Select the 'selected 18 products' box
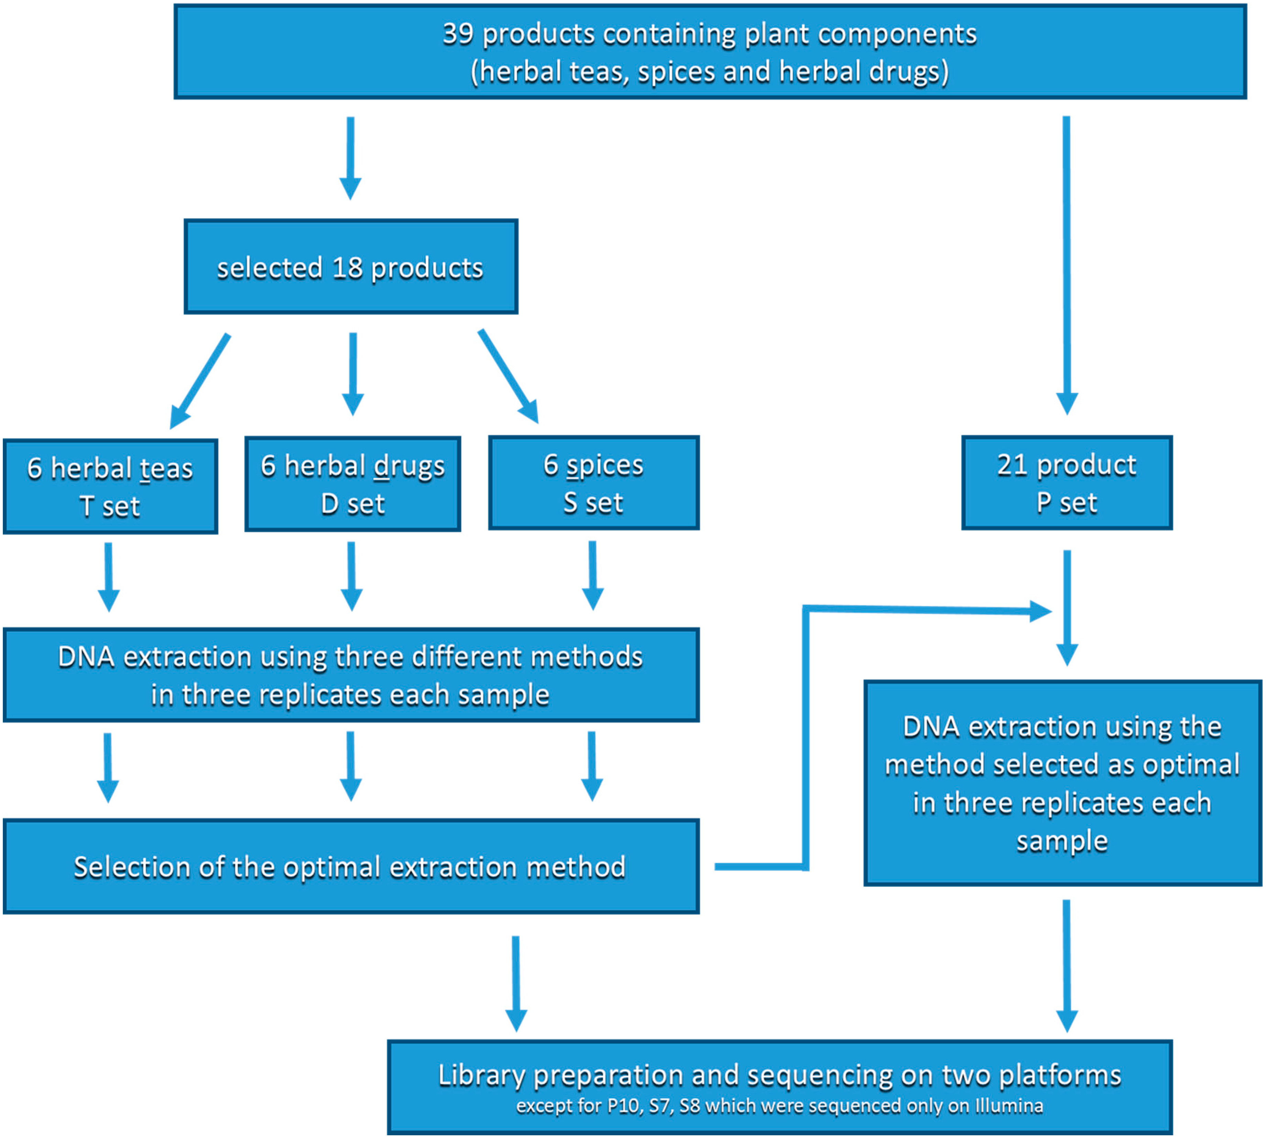(x=351, y=267)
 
